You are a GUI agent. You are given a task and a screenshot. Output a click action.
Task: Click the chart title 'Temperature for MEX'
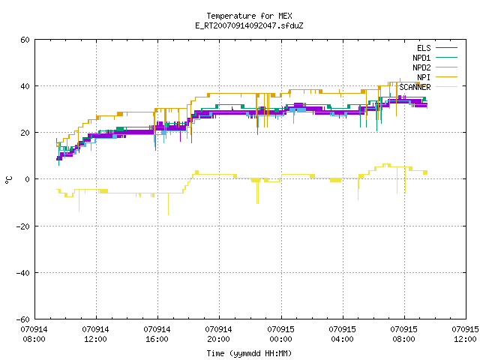coord(249,16)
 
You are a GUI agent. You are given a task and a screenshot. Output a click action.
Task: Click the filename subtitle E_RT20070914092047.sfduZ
coord(249,25)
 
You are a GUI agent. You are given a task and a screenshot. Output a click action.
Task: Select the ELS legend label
coord(424,48)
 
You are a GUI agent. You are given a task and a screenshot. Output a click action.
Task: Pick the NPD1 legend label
coord(421,58)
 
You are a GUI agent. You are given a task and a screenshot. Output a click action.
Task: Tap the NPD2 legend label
coord(421,67)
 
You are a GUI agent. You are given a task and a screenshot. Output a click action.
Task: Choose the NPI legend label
coord(424,77)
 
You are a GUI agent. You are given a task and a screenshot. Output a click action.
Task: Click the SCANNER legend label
coord(415,87)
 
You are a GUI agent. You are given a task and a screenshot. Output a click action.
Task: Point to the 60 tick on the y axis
coord(25,40)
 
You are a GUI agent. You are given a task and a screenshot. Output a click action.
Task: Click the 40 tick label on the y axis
coord(25,86)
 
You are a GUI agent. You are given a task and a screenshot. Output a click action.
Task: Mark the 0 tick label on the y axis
coord(28,179)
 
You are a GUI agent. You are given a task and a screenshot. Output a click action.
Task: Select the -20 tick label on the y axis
coord(23,226)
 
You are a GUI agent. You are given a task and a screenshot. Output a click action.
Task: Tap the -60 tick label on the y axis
coord(23,319)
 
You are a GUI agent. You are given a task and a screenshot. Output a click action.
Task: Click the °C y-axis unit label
coord(9,180)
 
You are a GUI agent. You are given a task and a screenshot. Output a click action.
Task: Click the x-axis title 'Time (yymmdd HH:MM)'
coord(249,353)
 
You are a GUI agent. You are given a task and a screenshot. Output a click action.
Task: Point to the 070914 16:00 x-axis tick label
coord(157,334)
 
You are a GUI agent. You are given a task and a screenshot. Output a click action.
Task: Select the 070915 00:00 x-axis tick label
coord(280,334)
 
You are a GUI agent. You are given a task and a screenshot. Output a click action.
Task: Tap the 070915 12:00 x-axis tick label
coord(465,334)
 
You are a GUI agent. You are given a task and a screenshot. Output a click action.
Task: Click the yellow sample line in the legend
coord(447,87)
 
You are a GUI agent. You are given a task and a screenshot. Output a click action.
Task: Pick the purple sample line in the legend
coord(447,48)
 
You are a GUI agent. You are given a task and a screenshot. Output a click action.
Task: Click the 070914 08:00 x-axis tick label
coord(34,334)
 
